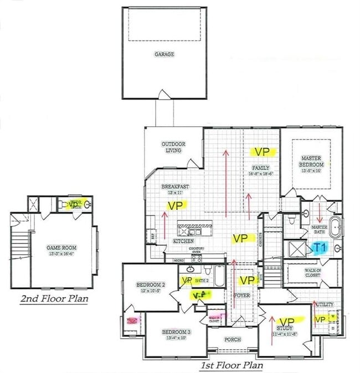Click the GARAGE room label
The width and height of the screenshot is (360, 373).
[164, 54]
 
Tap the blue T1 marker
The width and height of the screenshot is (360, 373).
[319, 248]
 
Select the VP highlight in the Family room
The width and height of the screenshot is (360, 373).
[261, 151]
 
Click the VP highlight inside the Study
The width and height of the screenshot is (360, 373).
[286, 322]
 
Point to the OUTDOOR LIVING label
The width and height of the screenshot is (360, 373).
[173, 147]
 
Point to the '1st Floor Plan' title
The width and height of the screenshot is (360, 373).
[232, 365]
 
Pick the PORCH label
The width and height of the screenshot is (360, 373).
[233, 339]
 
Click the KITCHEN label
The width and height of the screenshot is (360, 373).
[183, 242]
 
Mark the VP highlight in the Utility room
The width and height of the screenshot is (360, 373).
[320, 319]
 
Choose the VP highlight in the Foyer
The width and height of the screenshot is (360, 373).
[246, 281]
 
